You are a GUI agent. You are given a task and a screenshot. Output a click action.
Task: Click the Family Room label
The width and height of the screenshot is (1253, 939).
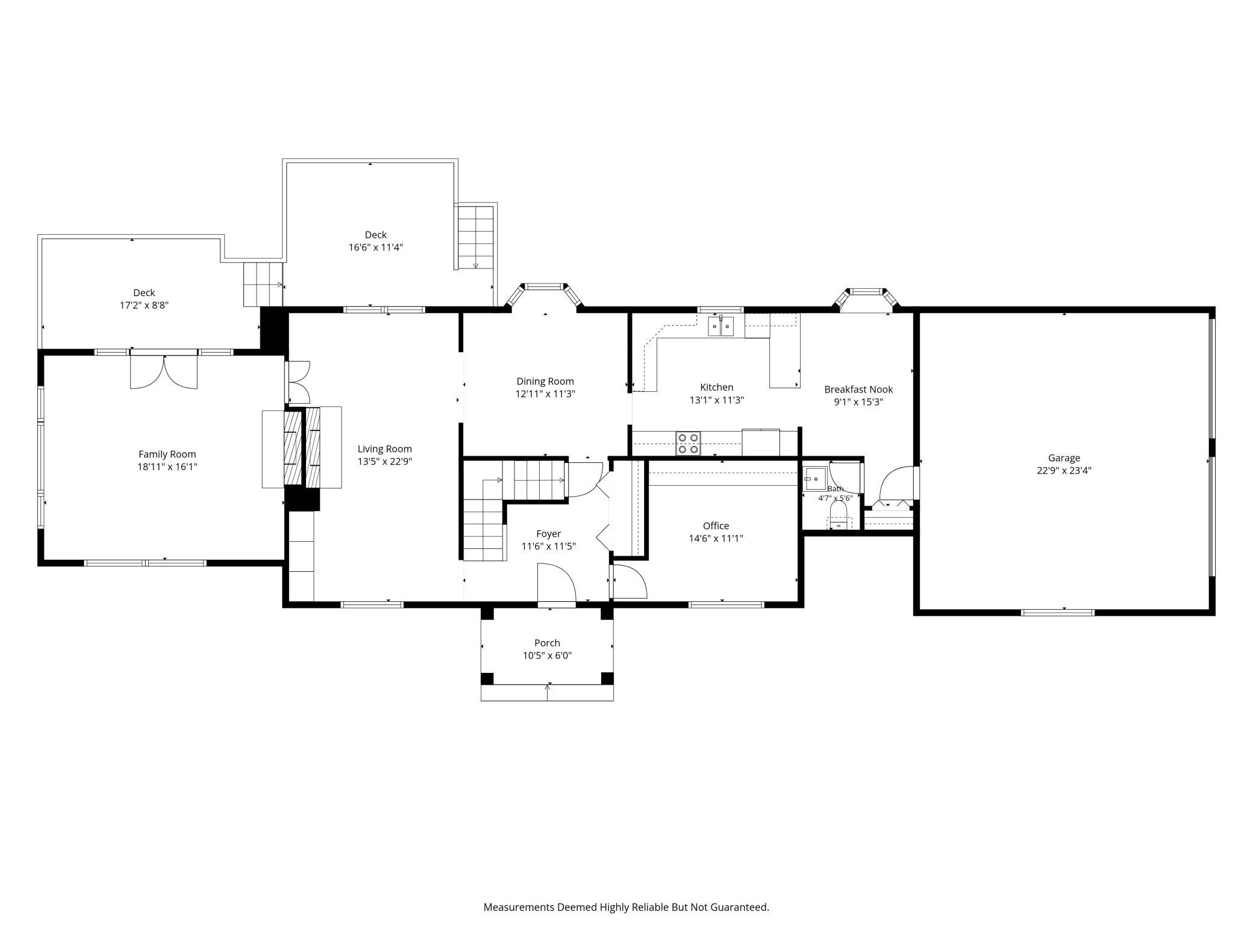pos(167,454)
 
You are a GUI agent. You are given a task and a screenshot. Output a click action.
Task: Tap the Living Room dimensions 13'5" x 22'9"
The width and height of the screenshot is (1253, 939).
pos(384,462)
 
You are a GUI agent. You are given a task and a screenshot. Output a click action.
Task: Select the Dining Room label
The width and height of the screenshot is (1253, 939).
pos(545,381)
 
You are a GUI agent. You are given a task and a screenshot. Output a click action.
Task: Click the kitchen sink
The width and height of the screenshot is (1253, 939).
pos(721,327)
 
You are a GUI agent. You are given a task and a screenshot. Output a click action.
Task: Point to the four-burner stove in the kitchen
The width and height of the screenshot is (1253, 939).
pos(688,443)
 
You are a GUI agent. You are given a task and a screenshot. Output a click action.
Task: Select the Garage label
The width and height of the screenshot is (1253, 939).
pos(1064,458)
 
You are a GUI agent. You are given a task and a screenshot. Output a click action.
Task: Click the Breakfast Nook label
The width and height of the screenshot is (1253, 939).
pos(858,389)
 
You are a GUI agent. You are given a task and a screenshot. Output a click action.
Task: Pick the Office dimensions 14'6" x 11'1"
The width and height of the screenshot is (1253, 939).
pos(716,539)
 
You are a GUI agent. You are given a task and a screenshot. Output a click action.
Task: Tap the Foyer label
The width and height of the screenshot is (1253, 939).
pos(548,534)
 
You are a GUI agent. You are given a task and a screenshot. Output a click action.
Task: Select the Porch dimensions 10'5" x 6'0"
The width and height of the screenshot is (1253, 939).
pos(547,655)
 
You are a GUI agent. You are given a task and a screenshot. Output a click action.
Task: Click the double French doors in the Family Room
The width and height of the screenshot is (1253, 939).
pos(164,372)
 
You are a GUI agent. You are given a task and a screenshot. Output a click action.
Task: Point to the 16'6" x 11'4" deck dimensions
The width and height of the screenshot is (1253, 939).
pos(375,247)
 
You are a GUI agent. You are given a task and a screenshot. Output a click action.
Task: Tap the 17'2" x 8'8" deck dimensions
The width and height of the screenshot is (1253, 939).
pos(144,305)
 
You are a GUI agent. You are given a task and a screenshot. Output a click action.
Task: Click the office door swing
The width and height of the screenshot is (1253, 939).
pos(629,581)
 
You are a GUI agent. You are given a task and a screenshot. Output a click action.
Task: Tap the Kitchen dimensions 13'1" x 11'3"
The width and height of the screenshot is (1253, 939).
pos(717,400)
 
